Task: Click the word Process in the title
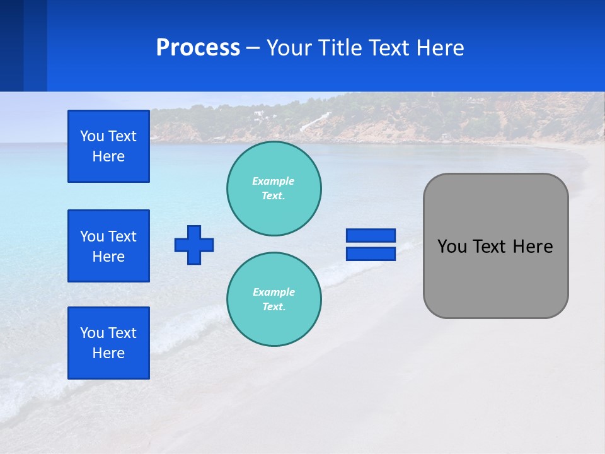pos(198,48)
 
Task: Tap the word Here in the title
pos(438,48)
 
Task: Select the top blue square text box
pos(108,146)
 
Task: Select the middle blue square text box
pos(108,246)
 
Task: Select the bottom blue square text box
pos(108,343)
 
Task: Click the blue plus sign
pos(194,245)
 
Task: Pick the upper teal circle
pos(274,188)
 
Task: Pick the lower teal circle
pos(274,299)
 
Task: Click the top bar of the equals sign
pos(371,235)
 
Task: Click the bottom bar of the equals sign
pos(371,254)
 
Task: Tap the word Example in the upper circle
pos(273,181)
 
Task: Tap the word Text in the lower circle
pos(273,307)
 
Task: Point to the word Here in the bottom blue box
pos(108,353)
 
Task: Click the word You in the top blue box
pos(91,136)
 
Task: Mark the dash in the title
pos(253,49)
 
